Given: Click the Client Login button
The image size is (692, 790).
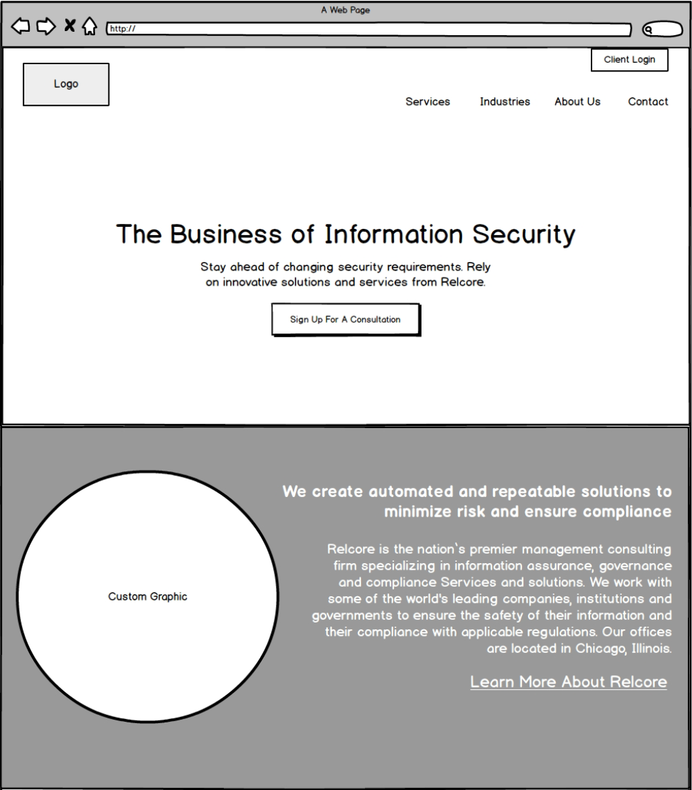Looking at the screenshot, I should [x=629, y=59].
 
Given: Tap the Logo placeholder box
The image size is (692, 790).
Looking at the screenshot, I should [x=66, y=84].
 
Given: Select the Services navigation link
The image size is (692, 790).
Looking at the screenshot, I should [x=428, y=102].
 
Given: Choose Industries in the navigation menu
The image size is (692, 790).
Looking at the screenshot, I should [x=504, y=102].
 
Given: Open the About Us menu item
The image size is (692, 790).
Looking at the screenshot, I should [x=577, y=102].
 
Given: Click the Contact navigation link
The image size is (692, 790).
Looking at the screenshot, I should [x=648, y=102].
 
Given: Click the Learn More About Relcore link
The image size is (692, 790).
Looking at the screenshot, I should [x=569, y=682].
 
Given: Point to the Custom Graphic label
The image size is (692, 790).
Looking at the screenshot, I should [x=148, y=597].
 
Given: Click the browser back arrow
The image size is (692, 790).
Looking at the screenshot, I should [x=22, y=26].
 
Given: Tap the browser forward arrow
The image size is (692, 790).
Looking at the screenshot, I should [x=46, y=26].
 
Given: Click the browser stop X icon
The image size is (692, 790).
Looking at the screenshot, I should [x=69, y=26].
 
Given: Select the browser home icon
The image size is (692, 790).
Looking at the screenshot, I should [x=90, y=27].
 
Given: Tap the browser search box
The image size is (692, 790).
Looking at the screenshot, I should [x=662, y=29].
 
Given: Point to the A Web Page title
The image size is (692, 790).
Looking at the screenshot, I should [x=345, y=10].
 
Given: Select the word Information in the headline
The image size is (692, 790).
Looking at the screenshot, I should [x=394, y=234].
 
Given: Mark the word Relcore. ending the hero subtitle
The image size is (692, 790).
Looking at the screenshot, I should [x=463, y=282].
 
